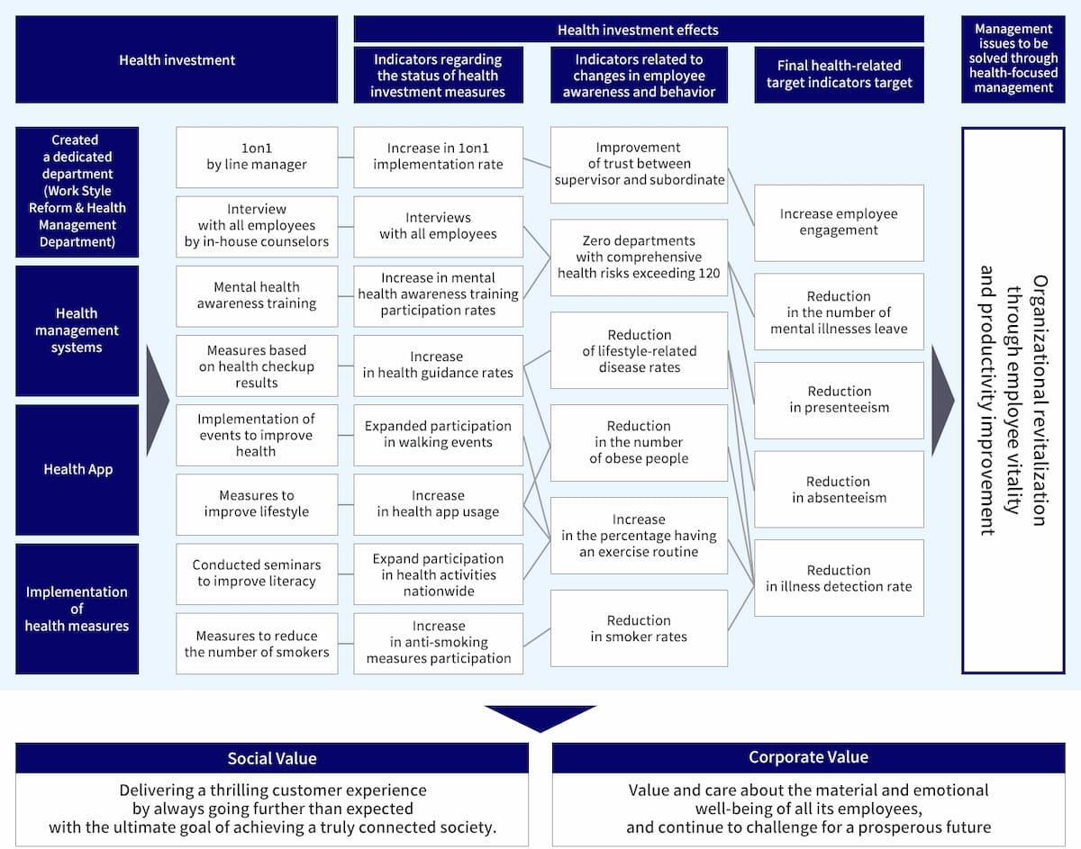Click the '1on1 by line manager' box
coord(257,157)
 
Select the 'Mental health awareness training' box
coord(257,295)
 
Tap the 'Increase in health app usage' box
coord(438,504)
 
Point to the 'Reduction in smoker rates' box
coord(639,628)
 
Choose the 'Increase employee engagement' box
coord(839,222)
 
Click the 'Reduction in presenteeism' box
coord(839,400)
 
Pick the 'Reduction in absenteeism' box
coord(839,489)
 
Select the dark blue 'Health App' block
coord(77,469)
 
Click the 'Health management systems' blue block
coord(77,330)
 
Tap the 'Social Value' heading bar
coord(272,758)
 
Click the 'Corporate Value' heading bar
coord(808,757)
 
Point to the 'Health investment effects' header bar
coord(638,30)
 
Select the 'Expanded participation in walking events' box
coord(438,434)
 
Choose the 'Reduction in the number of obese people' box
coord(639,442)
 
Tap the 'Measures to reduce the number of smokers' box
coord(257,644)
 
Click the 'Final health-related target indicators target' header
coord(839,74)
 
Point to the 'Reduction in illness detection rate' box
coord(839,578)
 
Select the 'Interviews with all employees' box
coord(438,226)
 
